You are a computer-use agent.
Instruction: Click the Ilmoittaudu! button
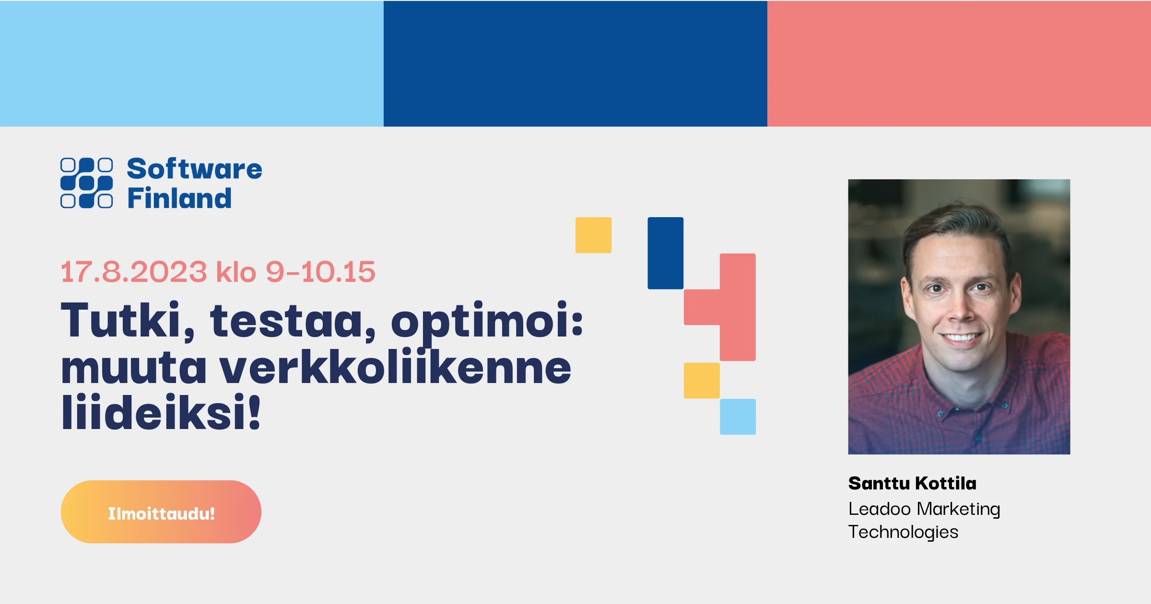pos(161,512)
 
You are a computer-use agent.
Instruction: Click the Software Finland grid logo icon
pos(87,183)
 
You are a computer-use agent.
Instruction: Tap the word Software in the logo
pos(194,169)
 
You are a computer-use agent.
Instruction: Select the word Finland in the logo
pos(179,197)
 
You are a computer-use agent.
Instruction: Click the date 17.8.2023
pos(134,272)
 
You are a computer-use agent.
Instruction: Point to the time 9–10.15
pos(320,272)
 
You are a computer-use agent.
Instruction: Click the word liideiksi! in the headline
pos(161,412)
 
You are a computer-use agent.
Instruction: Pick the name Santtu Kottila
pos(912,483)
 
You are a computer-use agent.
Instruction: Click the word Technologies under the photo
pos(903,532)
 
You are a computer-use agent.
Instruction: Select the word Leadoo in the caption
pos(879,509)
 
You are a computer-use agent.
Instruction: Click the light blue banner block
pos(192,63)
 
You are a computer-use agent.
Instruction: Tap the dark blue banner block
pos(575,63)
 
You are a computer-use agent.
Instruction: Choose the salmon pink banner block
pos(959,63)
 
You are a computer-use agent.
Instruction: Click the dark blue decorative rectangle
pos(666,253)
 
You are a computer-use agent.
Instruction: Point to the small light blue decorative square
pos(738,417)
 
